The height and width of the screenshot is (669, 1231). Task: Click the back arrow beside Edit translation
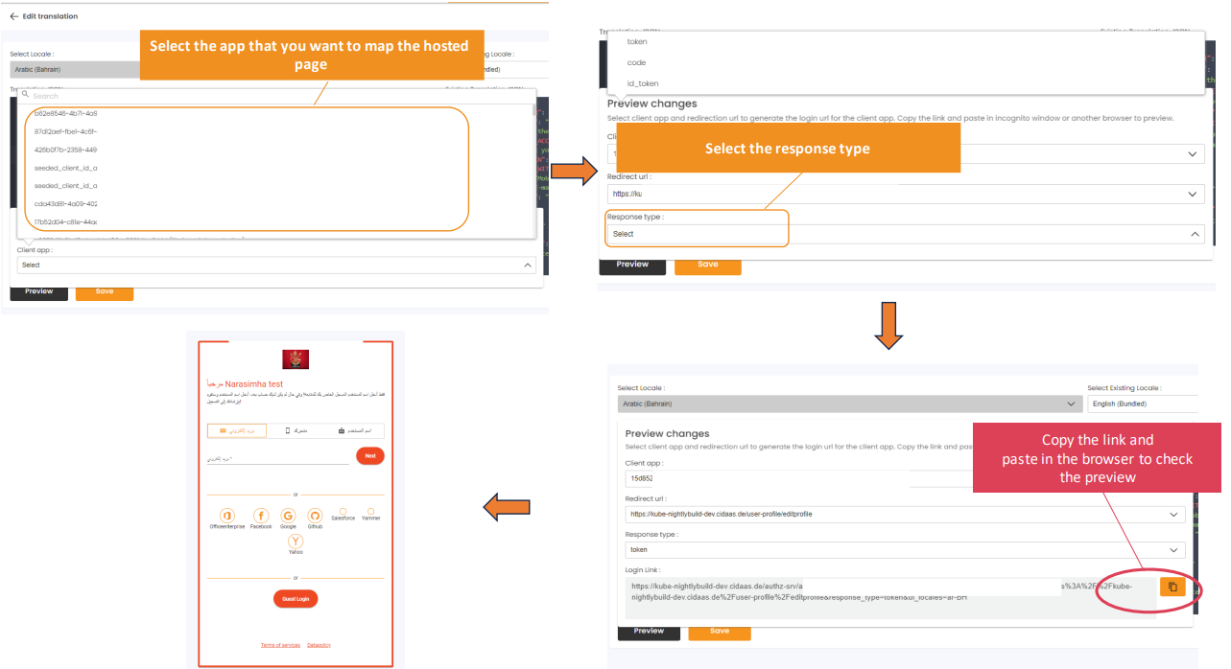pos(13,16)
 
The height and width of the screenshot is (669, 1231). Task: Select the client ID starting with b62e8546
pos(65,113)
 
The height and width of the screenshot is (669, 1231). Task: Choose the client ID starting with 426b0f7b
pos(65,150)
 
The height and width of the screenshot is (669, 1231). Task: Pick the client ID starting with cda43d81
pos(65,203)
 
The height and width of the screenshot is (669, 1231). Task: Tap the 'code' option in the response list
pos(636,62)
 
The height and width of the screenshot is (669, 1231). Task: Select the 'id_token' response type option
pos(642,83)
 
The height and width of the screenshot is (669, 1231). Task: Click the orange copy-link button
pos(1172,587)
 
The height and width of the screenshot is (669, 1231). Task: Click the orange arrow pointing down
pos(888,325)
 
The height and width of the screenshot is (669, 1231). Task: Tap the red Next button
pos(370,456)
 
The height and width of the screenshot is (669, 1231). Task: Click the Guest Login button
pos(296,598)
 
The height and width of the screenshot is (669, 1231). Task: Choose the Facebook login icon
pos(261,516)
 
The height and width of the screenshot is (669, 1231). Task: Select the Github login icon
pos(315,516)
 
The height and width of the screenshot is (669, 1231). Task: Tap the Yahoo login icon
pos(296,542)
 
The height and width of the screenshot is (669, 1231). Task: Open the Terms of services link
pos(280,645)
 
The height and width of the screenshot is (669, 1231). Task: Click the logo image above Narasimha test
pos(296,359)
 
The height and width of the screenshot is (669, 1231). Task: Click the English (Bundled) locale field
pos(1142,404)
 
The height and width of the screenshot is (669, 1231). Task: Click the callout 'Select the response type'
pos(787,149)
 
